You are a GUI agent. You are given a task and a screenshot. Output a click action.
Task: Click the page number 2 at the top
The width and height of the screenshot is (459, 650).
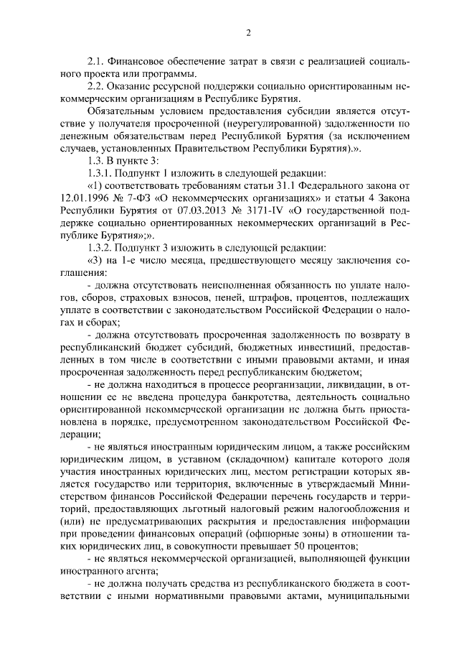(247, 33)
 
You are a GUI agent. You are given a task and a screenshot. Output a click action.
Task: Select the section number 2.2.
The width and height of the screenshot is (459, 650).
(96, 87)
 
